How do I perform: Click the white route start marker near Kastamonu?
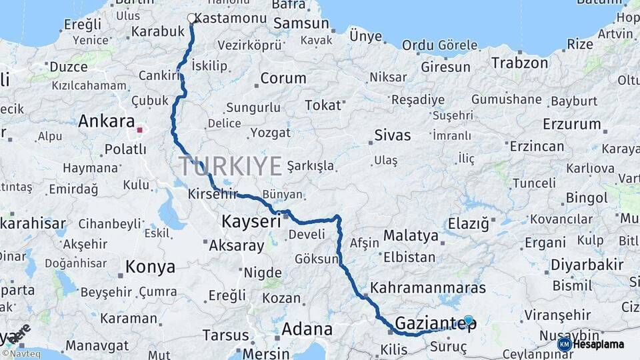coord(192,19)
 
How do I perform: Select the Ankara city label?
coord(107,121)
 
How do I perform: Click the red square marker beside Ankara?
coord(139,130)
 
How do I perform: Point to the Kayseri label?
coord(251,221)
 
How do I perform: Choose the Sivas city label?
coord(393,135)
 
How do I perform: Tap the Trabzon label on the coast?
coord(519,63)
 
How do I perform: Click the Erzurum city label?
coord(571,124)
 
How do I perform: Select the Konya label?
coord(150,267)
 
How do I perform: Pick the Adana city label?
coord(307,329)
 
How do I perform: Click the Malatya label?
coord(411,235)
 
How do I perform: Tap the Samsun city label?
coord(301,23)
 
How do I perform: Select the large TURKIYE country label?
coord(230,166)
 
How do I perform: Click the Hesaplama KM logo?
coord(591,344)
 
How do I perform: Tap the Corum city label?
coord(283,78)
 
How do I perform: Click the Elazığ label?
coord(468,223)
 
